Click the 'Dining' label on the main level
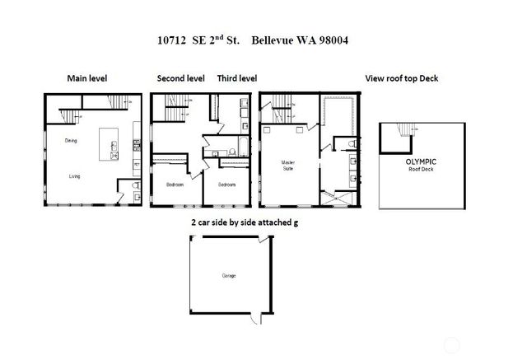(x=71, y=141)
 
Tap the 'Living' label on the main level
(x=74, y=175)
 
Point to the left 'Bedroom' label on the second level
(x=175, y=185)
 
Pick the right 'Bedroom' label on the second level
(x=227, y=185)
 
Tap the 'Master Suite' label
(x=288, y=165)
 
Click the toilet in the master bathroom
(x=352, y=145)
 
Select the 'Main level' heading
(x=87, y=78)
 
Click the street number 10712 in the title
(x=172, y=39)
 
